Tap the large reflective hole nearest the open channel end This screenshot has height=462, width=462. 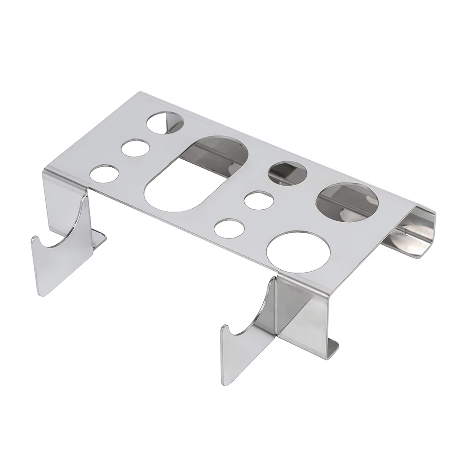coord(347,201)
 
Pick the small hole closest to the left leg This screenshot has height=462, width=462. coord(104,176)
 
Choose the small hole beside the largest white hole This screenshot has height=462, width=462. coord(229,229)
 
